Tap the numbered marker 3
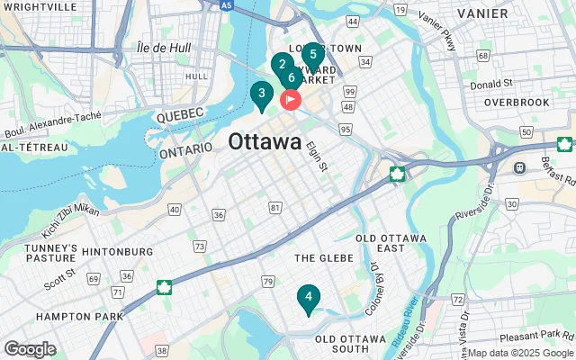pyautogui.click(x=261, y=94)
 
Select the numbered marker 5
pyautogui.click(x=312, y=54)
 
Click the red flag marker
pyautogui.click(x=292, y=99)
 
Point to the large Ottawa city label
pyautogui.click(x=265, y=142)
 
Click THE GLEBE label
pyautogui.click(x=324, y=258)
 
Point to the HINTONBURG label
pyautogui.click(x=117, y=251)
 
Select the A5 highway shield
pyautogui.click(x=229, y=4)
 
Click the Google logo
pyautogui.click(x=30, y=348)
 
